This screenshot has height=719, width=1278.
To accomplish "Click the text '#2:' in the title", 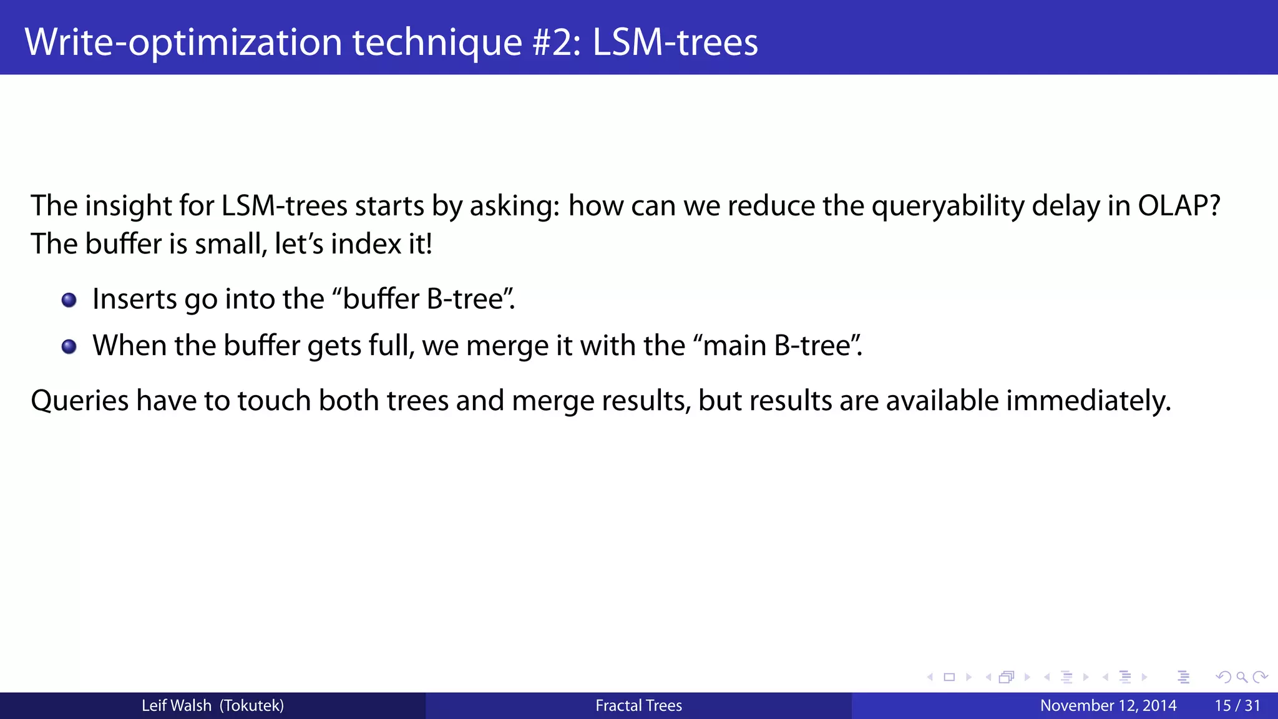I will [x=556, y=42].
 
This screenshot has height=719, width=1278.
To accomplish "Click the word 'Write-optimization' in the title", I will [x=183, y=42].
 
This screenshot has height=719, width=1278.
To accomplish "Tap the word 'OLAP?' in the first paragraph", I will [x=1179, y=205].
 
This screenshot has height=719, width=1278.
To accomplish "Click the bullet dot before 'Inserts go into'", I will [x=69, y=300].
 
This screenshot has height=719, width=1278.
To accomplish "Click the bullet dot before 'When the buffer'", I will [x=69, y=346].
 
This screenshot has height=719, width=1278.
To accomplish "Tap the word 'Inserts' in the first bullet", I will [x=134, y=299].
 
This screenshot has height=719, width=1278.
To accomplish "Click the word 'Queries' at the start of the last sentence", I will [x=79, y=400].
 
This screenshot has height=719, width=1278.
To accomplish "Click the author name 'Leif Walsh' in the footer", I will [x=177, y=705].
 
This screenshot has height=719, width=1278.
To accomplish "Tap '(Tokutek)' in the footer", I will [x=251, y=705].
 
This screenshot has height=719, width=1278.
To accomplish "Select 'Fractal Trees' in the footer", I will [x=638, y=705].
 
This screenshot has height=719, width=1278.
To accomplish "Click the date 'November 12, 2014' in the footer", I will [x=1108, y=705].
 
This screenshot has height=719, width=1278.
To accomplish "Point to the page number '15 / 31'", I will [x=1237, y=705].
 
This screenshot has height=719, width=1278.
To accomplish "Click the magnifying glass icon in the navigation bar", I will [x=1242, y=677].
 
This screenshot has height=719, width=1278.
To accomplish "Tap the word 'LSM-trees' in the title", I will [x=675, y=42].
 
